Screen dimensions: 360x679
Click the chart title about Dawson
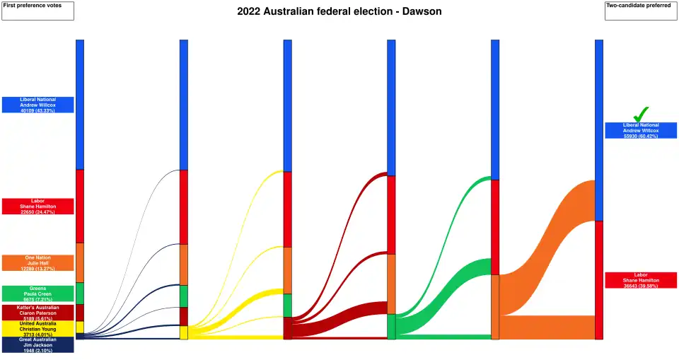(339, 11)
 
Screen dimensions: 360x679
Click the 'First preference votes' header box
(37, 11)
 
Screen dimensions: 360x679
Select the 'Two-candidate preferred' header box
(640, 11)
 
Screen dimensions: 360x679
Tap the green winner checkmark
(641, 114)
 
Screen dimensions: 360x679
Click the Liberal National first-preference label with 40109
(37, 105)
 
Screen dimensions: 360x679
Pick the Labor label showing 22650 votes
(37, 206)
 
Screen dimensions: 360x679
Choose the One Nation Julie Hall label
(37, 262)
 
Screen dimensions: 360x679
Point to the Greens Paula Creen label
(37, 294)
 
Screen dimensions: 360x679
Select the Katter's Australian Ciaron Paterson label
(37, 312)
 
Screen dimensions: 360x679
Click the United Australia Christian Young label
(37, 329)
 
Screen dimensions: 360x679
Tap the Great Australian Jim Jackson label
(37, 344)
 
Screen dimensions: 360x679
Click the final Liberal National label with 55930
(641, 130)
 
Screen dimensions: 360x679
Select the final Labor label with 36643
(641, 280)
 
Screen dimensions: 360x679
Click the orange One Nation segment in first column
(80, 262)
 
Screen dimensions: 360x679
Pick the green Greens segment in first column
(80, 294)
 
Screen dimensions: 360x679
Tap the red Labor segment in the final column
(599, 279)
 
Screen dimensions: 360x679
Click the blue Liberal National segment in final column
(599, 130)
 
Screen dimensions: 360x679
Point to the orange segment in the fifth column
(495, 306)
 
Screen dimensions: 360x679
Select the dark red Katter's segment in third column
(288, 327)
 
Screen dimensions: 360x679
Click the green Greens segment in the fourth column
(391, 327)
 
